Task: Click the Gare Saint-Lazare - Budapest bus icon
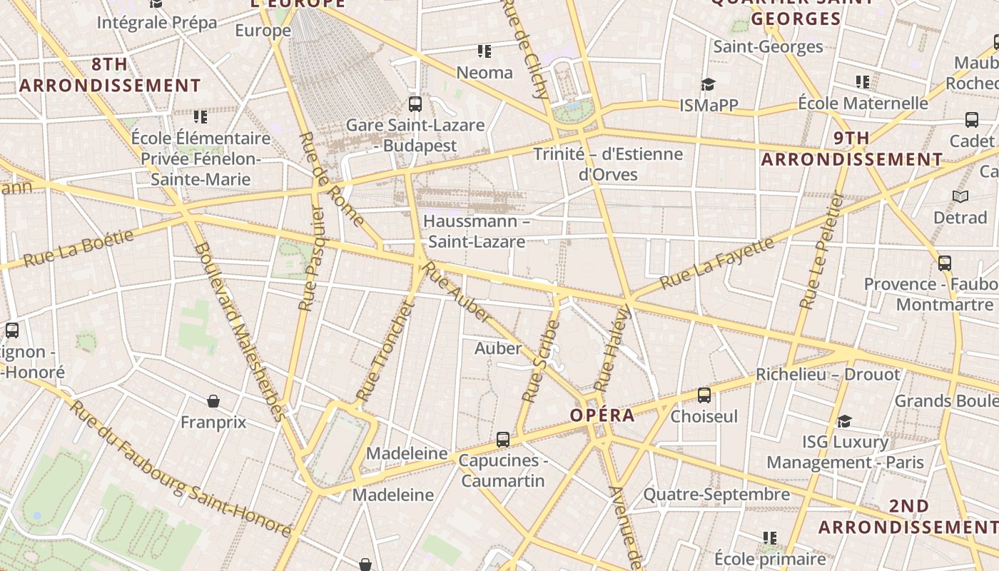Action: tap(415, 104)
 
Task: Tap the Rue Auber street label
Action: tap(457, 292)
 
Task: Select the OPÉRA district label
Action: tap(602, 415)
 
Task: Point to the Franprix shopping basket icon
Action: tap(213, 401)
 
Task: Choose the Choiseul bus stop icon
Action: tap(704, 395)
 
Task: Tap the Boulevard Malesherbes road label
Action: tap(239, 332)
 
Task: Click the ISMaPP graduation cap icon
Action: tap(708, 85)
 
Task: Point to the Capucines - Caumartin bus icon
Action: tap(503, 439)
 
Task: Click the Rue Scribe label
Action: tap(540, 361)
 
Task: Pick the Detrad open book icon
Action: tap(960, 196)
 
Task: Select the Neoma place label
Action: tap(485, 72)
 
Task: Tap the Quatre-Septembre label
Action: tap(716, 494)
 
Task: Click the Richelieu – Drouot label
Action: tap(828, 374)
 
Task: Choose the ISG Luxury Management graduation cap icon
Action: tap(845, 421)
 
